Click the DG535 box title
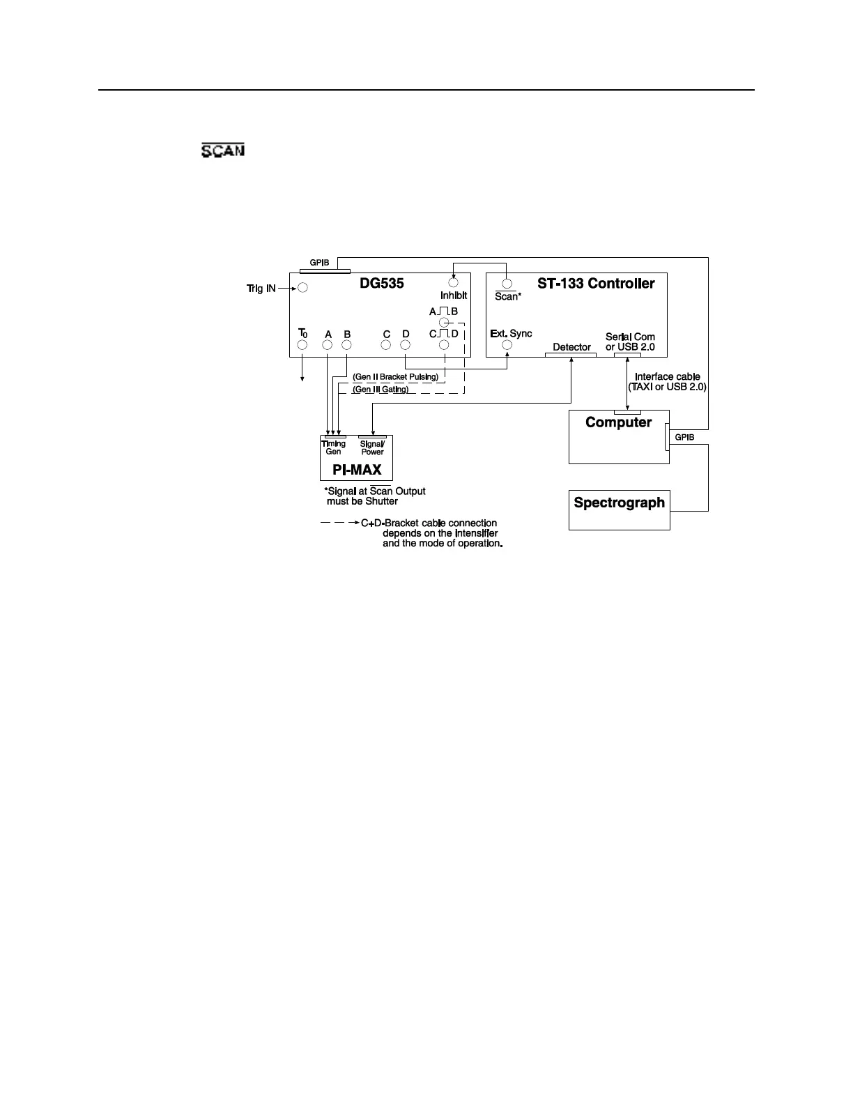click(381, 284)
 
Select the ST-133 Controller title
click(596, 284)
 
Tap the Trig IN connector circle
click(303, 288)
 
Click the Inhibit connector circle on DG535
click(453, 284)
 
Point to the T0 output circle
click(302, 345)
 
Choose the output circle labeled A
click(328, 345)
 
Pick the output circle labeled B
click(347, 345)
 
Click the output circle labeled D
click(406, 345)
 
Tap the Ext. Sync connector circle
click(507, 345)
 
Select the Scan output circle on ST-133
click(507, 284)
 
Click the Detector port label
click(571, 347)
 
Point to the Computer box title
click(618, 422)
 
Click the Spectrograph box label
click(619, 503)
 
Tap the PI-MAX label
click(357, 470)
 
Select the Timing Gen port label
click(334, 447)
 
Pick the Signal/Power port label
click(372, 447)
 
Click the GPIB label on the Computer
click(684, 438)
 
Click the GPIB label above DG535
click(319, 263)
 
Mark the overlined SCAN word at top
click(223, 150)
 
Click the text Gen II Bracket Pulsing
click(395, 377)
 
